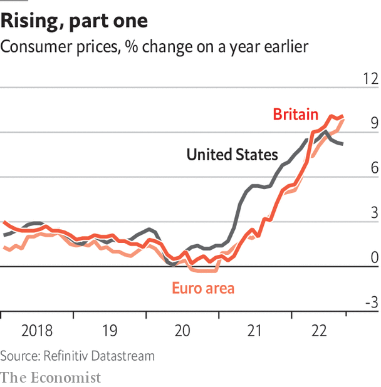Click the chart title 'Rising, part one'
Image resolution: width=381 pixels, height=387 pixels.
[x=75, y=21]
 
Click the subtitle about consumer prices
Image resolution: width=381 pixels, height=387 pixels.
[x=155, y=47]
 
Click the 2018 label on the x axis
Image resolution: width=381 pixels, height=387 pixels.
[x=36, y=330]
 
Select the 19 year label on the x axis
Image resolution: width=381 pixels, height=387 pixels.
[x=110, y=330]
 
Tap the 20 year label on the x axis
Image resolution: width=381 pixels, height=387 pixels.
[x=182, y=330]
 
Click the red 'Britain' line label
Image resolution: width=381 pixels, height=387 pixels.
[x=296, y=115]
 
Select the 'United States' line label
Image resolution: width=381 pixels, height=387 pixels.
[x=232, y=154]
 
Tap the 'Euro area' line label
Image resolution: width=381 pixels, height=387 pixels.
[x=202, y=288]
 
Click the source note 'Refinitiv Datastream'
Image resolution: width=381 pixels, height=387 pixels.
[x=77, y=356]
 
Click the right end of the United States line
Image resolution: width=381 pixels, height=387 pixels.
[x=342, y=144]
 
